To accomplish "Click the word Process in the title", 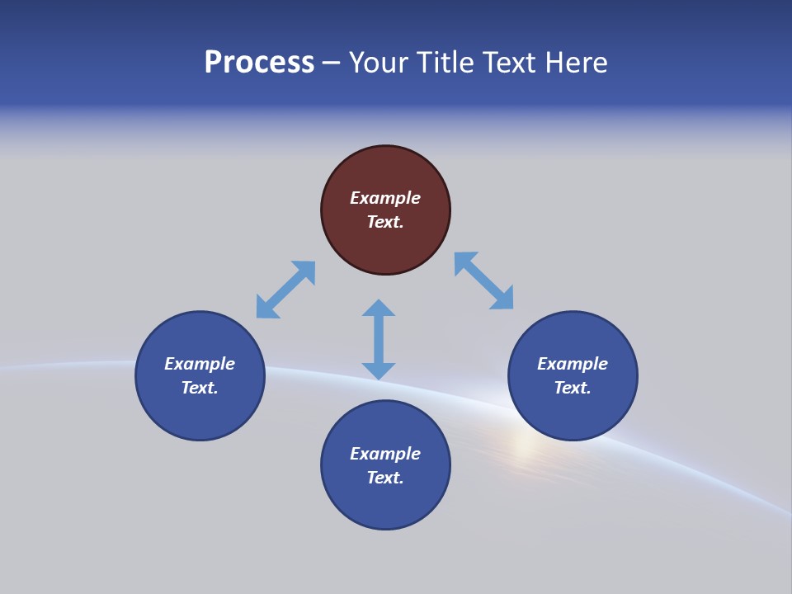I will tap(259, 63).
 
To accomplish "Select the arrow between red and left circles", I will tap(285, 290).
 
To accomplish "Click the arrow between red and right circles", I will tap(483, 281).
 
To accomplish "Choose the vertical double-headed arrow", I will tap(379, 339).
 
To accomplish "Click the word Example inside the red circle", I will tap(385, 198).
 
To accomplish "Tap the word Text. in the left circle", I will tap(200, 388).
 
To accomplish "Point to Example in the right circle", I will tap(573, 364).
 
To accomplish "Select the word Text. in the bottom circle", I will tap(385, 478).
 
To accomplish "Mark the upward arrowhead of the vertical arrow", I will tap(379, 308).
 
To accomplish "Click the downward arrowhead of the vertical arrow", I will tap(379, 370).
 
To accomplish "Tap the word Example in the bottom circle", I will tap(385, 454).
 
